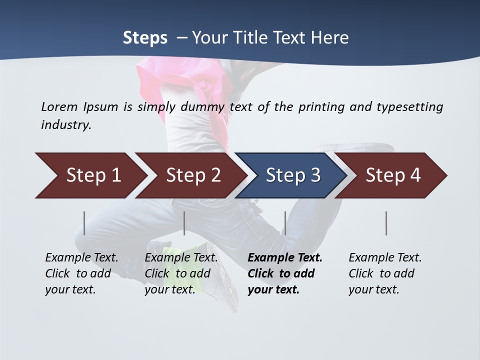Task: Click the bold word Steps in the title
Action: pyautogui.click(x=145, y=38)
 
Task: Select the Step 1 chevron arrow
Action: pyautogui.click(x=90, y=175)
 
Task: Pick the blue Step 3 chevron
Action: pyautogui.click(x=292, y=175)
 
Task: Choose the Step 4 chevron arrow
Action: pyautogui.click(x=393, y=175)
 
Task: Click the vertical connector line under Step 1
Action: pyautogui.click(x=84, y=223)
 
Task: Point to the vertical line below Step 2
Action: pyautogui.click(x=184, y=223)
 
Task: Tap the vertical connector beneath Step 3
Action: pyautogui.click(x=285, y=223)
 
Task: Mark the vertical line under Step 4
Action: pyautogui.click(x=386, y=223)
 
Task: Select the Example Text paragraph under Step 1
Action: pyautogui.click(x=81, y=273)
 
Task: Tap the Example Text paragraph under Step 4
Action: pyautogui.click(x=385, y=273)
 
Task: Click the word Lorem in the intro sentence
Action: pyautogui.click(x=59, y=106)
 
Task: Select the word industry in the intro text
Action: pyautogui.click(x=65, y=125)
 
